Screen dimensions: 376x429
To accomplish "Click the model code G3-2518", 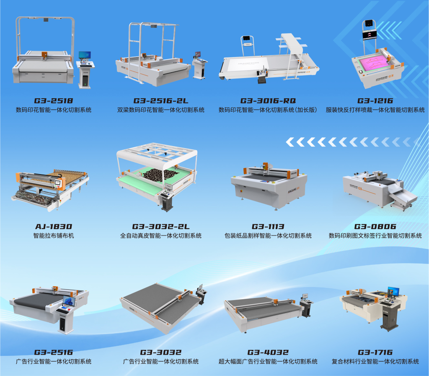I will pyautogui.click(x=53, y=101).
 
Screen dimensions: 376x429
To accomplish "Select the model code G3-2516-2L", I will pyautogui.click(x=160, y=101).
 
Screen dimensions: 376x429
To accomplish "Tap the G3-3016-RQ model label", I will pyautogui.click(x=268, y=101).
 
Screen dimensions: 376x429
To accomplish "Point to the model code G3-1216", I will pyautogui.click(x=375, y=101).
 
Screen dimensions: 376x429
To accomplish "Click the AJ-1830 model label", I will pyautogui.click(x=53, y=227).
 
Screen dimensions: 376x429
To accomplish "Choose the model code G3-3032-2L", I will pyautogui.click(x=160, y=227).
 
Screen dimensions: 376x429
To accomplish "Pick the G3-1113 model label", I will pyautogui.click(x=268, y=227).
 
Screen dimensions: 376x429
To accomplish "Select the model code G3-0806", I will pyautogui.click(x=375, y=227).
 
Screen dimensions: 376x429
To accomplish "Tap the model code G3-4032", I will pyautogui.click(x=268, y=352).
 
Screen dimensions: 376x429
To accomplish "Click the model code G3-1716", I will pyautogui.click(x=375, y=352).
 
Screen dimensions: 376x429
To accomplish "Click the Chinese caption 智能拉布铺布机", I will pyautogui.click(x=53, y=236).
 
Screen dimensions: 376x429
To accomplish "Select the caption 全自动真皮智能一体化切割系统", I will pyautogui.click(x=160, y=236).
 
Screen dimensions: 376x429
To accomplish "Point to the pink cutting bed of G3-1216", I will pyautogui.click(x=376, y=63).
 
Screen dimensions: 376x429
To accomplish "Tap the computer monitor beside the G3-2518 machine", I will pyautogui.click(x=85, y=55).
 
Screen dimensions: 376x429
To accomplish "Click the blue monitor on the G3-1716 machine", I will pyautogui.click(x=393, y=291).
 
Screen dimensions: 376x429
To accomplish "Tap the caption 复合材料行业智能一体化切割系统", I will pyautogui.click(x=375, y=362).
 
